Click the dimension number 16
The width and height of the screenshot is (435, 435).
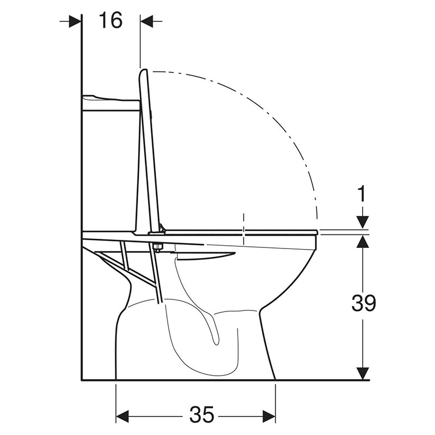point(111,21)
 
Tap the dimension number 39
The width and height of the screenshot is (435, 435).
point(364,303)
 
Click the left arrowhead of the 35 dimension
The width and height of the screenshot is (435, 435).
point(122,416)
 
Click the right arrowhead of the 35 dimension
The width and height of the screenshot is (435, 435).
point(269,416)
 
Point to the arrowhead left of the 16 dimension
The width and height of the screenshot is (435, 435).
point(75,21)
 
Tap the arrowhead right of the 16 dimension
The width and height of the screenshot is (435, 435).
point(147,21)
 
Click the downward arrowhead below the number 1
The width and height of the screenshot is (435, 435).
point(363,222)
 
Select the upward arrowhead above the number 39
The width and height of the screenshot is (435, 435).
point(363,241)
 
